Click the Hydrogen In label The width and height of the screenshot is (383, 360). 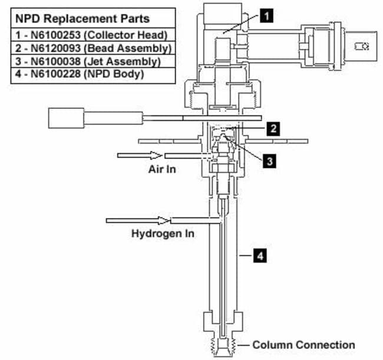click(163, 233)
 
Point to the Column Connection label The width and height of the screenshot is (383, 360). click(303, 345)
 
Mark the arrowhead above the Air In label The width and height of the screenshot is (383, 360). click(156, 155)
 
